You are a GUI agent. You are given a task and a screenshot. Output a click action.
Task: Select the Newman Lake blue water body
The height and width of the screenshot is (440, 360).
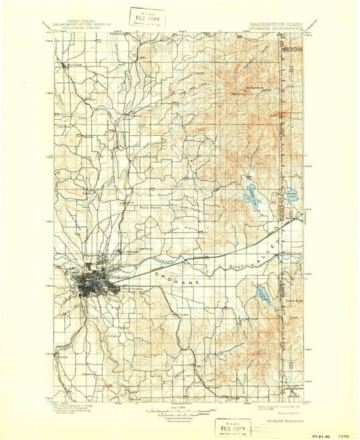coord(251,195)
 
